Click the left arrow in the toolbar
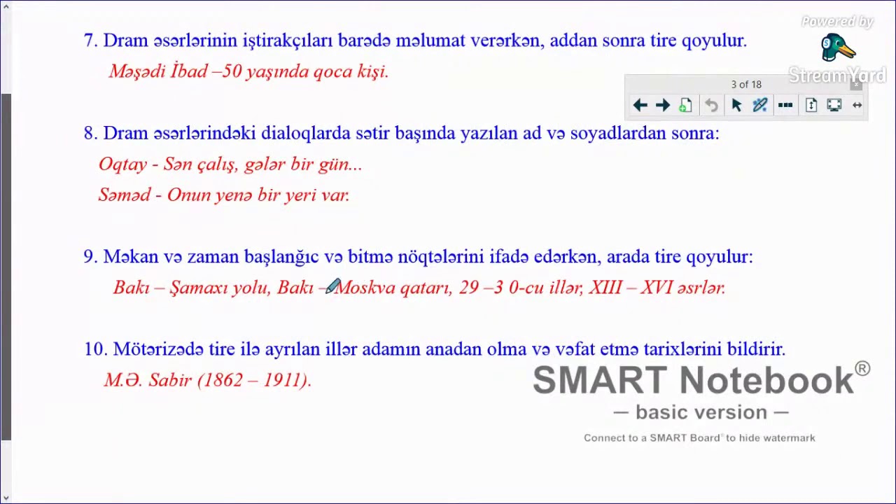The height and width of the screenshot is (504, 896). tap(640, 105)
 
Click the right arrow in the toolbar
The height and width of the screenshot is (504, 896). tap(662, 105)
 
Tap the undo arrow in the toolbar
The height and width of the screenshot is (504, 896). tap(711, 105)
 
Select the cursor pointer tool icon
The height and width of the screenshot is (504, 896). tap(736, 105)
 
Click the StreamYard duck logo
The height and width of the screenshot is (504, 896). tap(837, 48)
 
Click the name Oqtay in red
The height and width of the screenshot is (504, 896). tap(122, 164)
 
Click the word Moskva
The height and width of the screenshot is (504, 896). tap(365, 288)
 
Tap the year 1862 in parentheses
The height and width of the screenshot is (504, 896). tap(223, 380)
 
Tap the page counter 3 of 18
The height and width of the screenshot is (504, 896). tap(745, 85)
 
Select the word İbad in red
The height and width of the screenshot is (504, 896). tap(188, 71)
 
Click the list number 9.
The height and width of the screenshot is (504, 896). tap(89, 257)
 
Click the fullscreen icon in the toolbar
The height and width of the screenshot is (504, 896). tap(834, 105)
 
